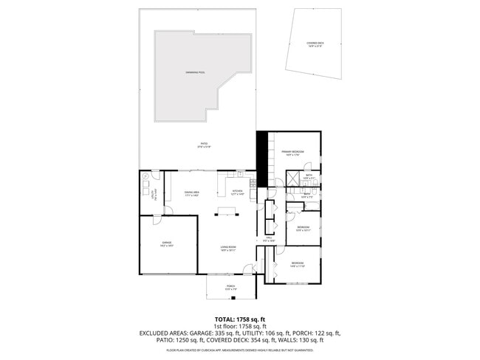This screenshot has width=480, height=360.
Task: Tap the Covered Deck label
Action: click(315, 44)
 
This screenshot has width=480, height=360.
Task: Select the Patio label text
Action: click(203, 145)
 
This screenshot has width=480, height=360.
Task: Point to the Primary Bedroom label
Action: click(293, 153)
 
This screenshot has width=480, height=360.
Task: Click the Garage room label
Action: click(167, 243)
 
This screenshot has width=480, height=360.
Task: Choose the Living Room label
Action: click(227, 249)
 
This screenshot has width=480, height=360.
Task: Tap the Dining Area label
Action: click(193, 193)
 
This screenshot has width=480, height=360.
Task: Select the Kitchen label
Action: click(238, 193)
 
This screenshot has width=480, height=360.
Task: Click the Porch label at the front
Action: click(230, 288)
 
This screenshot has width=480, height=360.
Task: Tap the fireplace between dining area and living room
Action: click(227, 212)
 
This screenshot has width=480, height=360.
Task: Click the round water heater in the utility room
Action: click(146, 178)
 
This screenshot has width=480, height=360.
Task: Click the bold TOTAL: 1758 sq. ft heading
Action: click(240, 319)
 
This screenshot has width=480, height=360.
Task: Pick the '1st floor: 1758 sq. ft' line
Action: click(240, 326)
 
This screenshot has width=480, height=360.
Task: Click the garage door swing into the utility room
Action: click(157, 218)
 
